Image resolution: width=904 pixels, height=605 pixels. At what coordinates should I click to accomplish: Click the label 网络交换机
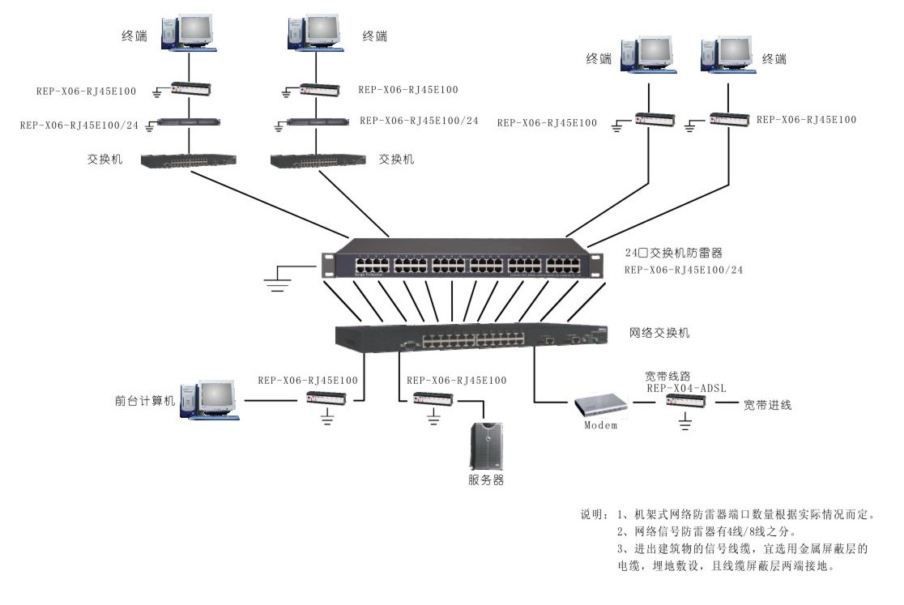pos(659,332)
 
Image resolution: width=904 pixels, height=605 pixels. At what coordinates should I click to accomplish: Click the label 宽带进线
pos(767,405)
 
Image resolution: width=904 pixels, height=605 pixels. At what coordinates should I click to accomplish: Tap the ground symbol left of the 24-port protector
pos(279,280)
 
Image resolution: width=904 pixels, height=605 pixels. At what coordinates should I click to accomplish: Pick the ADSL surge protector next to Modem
pos(685,402)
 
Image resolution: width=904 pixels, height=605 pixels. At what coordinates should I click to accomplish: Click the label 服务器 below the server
pos(486,479)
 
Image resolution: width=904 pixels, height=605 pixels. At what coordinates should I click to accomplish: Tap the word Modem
pos(601,425)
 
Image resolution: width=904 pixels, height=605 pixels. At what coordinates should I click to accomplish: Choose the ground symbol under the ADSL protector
pos(685,421)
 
